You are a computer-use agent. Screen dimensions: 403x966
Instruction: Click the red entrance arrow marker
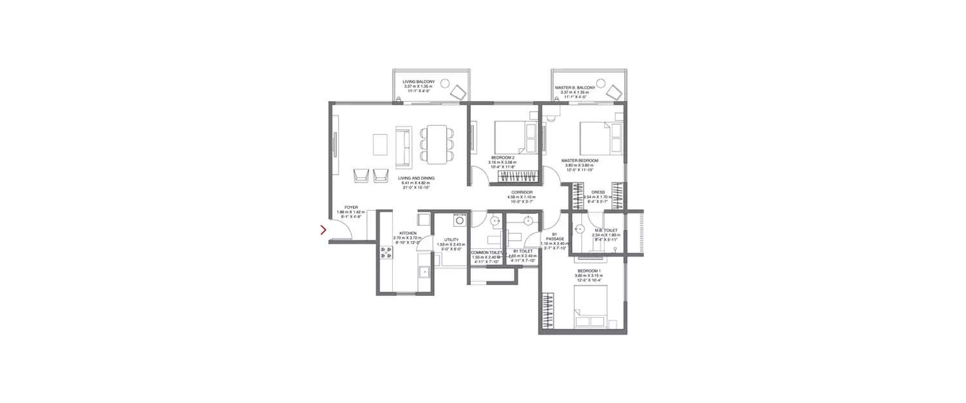323,230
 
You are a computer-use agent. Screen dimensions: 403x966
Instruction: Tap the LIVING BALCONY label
419,82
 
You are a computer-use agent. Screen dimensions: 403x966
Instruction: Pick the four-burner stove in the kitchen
386,253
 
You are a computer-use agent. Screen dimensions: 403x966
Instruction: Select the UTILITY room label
451,239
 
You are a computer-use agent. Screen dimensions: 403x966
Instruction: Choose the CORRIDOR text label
522,192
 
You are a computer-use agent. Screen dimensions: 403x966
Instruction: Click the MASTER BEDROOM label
580,161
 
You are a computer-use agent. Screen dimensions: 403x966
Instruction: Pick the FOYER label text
352,208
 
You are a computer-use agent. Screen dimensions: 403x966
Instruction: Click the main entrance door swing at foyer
342,229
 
